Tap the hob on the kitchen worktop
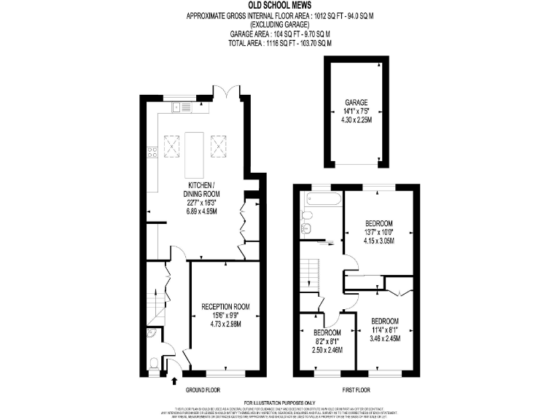coord(152,152)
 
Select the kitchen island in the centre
coord(195,152)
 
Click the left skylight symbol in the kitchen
coord(171,146)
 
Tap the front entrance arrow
coord(174,379)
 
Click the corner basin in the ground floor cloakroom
coord(150,334)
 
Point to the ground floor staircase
coord(155,306)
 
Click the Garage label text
coord(357,103)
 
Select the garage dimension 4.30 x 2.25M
coord(357,120)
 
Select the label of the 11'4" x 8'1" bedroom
coord(385,322)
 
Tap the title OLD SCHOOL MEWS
coord(279,5)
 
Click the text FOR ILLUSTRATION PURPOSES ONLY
coord(279,402)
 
